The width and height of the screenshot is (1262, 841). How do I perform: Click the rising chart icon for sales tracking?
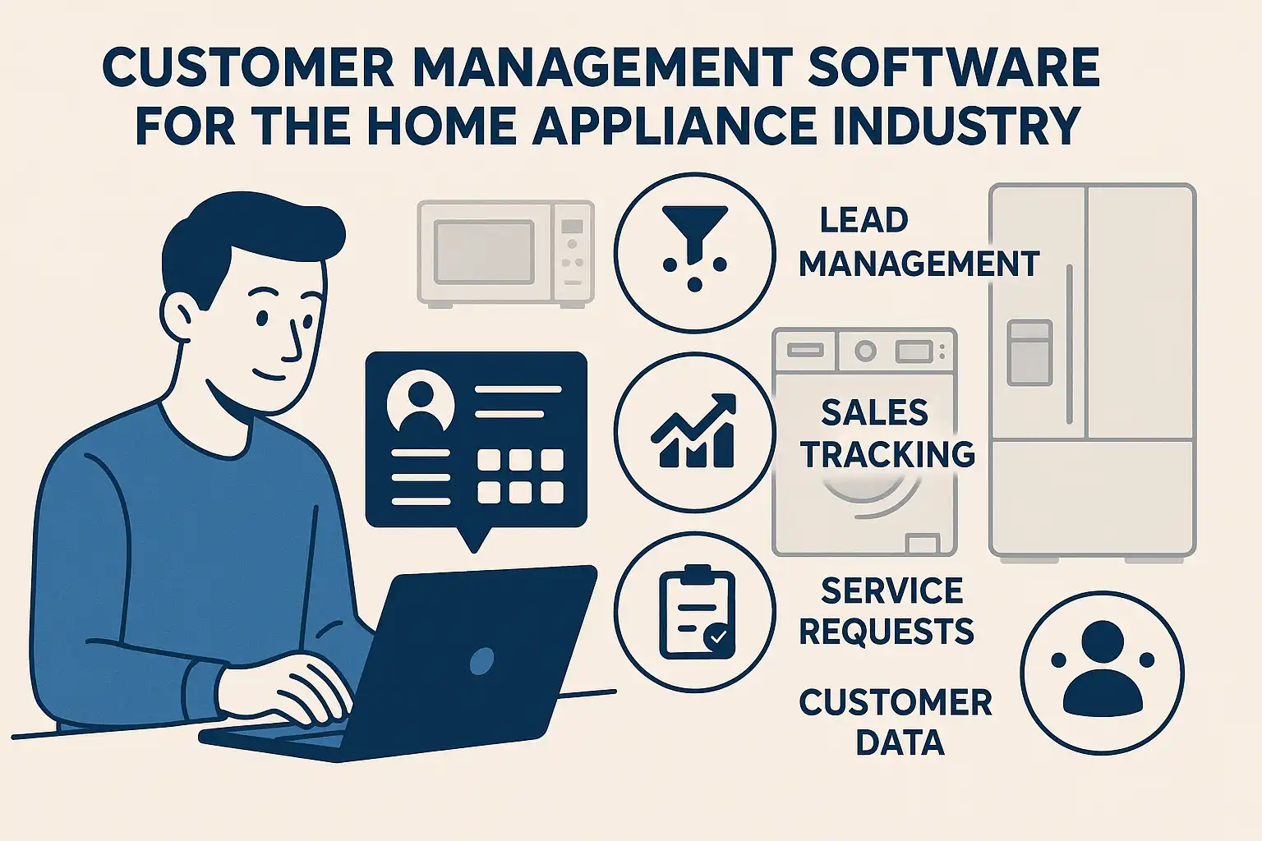[693, 431]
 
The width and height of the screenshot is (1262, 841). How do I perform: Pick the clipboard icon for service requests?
[698, 612]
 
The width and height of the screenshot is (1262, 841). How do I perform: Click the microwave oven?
[505, 254]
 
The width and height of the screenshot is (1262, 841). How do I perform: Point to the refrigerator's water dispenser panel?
[1029, 352]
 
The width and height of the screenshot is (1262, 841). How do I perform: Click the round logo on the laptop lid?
[481, 660]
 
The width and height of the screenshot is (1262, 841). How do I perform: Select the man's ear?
[177, 316]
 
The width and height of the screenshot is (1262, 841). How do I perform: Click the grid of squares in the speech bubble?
[520, 476]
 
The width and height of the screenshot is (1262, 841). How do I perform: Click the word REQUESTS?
[887, 631]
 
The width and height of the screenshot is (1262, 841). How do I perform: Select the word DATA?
[900, 742]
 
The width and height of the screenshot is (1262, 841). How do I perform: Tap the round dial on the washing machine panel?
[865, 352]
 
